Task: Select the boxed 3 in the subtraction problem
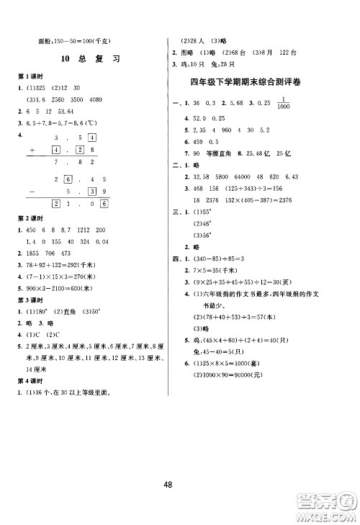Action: (91, 191)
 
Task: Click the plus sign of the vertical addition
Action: (32, 150)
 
